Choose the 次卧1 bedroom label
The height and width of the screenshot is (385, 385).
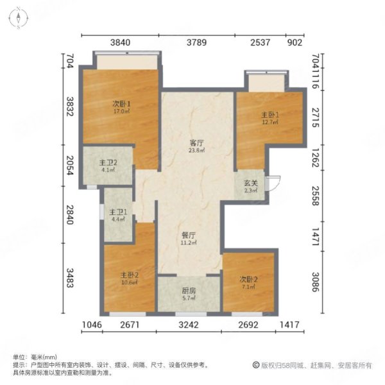(x=121, y=104)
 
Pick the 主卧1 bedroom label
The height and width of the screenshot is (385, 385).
(x=268, y=116)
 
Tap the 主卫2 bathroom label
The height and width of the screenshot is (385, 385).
(x=107, y=162)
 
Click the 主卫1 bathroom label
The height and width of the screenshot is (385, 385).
(x=118, y=213)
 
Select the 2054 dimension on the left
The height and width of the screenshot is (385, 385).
(x=71, y=174)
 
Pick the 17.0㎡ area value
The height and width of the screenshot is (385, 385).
(x=122, y=112)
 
